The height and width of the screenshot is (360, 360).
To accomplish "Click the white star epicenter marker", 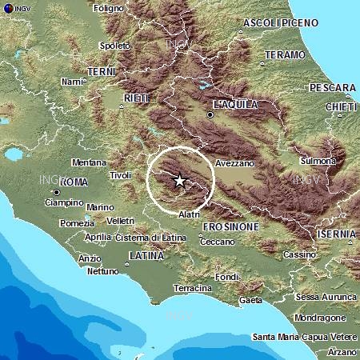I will [180, 181].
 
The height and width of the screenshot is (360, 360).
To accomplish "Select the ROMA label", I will [74, 182].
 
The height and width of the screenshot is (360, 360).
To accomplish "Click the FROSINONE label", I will [230, 226].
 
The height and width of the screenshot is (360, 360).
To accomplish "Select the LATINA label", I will [145, 255].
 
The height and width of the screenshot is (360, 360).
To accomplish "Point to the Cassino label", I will [300, 254].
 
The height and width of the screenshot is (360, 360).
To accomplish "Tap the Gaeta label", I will [250, 300].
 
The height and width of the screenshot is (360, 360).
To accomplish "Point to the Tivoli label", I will [120, 174].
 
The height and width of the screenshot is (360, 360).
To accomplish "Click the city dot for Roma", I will [56, 192].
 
